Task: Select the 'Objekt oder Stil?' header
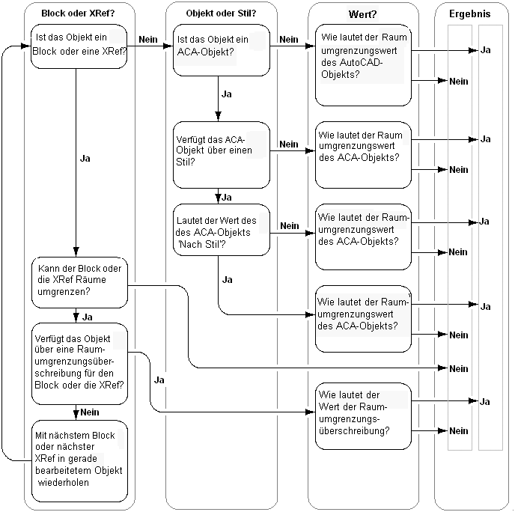[220, 13]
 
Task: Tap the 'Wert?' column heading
[363, 14]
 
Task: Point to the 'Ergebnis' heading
[470, 13]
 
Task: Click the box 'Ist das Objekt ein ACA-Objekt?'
[222, 50]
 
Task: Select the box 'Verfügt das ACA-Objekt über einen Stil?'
[222, 155]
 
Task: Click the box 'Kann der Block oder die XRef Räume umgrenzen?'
[79, 281]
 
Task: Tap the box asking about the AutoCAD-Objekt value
[363, 64]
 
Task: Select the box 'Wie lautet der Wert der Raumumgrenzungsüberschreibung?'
[363, 415]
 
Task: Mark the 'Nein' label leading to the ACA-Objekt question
[148, 39]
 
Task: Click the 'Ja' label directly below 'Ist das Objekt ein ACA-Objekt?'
[227, 95]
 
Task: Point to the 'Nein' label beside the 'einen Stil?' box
[289, 144]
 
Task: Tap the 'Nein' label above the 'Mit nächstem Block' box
[90, 412]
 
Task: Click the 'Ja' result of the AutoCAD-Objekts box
[485, 49]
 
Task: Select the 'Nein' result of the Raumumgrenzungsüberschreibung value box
[458, 430]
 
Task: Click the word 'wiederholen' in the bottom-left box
[64, 482]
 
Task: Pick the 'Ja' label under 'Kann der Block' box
[87, 317]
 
